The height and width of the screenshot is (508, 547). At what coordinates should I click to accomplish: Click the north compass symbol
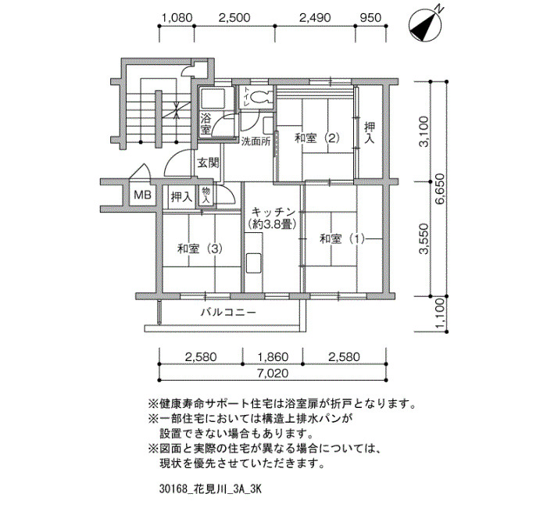click(x=426, y=25)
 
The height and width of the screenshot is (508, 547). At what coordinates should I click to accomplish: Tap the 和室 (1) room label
click(x=342, y=239)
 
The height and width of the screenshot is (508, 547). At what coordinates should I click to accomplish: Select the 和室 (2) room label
click(x=317, y=138)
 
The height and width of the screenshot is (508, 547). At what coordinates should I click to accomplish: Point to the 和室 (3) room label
click(x=200, y=249)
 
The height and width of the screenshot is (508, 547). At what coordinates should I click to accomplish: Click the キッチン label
click(x=273, y=212)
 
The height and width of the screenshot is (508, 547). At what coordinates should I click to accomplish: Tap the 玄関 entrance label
click(x=209, y=163)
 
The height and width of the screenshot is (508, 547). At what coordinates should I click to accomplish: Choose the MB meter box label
click(x=142, y=195)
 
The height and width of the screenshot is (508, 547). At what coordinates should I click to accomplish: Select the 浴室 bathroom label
click(x=206, y=123)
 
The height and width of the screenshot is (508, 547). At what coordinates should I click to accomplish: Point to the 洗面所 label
click(x=256, y=141)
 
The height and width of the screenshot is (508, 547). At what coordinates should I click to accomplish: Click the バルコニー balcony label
click(x=228, y=312)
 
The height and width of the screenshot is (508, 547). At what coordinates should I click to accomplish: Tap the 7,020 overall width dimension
click(x=273, y=373)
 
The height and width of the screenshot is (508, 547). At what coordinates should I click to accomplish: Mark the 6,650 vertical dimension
click(x=440, y=189)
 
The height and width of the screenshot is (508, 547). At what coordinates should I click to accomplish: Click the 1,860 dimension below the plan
click(x=273, y=357)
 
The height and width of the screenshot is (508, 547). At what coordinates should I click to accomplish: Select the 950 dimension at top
click(x=370, y=17)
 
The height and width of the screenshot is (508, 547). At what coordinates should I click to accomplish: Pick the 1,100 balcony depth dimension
click(x=440, y=313)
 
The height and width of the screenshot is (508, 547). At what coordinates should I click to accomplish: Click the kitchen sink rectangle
click(x=254, y=263)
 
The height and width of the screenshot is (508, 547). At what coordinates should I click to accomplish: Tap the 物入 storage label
click(x=206, y=195)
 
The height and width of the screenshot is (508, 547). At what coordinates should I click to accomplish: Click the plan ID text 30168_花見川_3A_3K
click(x=210, y=488)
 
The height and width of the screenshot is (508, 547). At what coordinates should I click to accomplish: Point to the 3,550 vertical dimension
click(x=424, y=239)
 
